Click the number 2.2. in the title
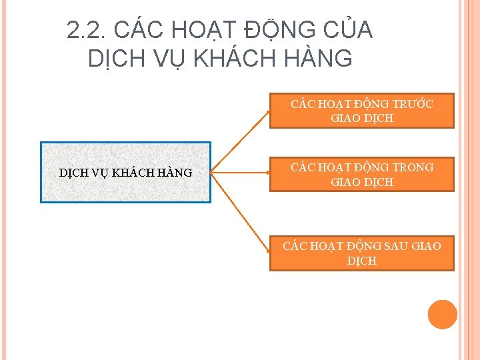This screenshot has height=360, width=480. pos(88,30)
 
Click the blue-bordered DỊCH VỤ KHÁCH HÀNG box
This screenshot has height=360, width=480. pos(125,172)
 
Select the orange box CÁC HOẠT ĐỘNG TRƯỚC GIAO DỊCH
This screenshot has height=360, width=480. pos(361,111)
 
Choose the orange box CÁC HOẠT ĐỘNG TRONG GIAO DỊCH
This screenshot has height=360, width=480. pos(361,174)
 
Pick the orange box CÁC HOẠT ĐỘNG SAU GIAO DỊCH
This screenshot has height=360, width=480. pos(361,253)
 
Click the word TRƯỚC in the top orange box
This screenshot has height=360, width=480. pos(414,104)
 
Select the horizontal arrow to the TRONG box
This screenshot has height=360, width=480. pos(240,172)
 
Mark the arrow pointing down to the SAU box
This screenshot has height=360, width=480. pos(240,209)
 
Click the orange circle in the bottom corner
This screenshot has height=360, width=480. pos(442,315)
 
